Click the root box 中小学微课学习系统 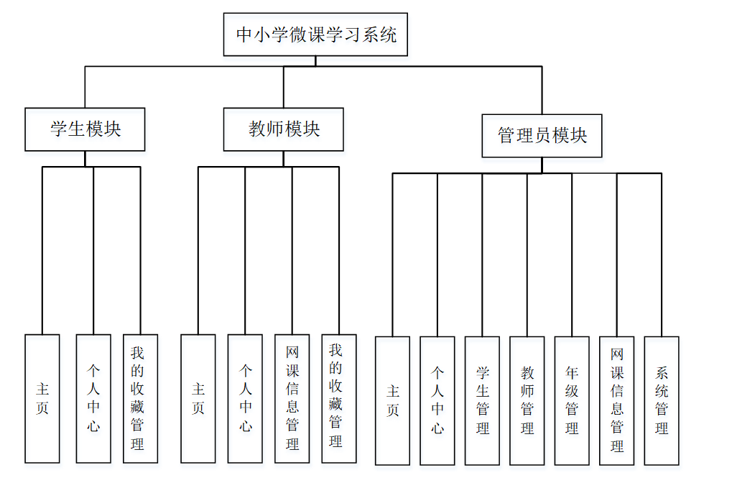coord(315,34)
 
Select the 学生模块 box coord(85,129)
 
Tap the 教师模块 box coord(284,129)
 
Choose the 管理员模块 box coord(542,136)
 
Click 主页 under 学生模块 coord(42,398)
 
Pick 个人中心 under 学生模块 coord(93,398)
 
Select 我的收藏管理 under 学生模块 coord(139,398)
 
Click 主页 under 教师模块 coord(198,398)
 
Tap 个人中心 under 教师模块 coord(245,398)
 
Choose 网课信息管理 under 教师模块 coord(292,398)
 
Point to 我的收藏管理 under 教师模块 coord(338,398)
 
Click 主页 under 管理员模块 coord(393,400)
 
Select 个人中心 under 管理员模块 coord(437,400)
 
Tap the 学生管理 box coord(482,400)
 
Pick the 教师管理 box coord(527,400)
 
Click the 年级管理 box coord(572,400)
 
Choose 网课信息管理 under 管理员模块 coord(617,400)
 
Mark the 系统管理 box coord(662,400)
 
